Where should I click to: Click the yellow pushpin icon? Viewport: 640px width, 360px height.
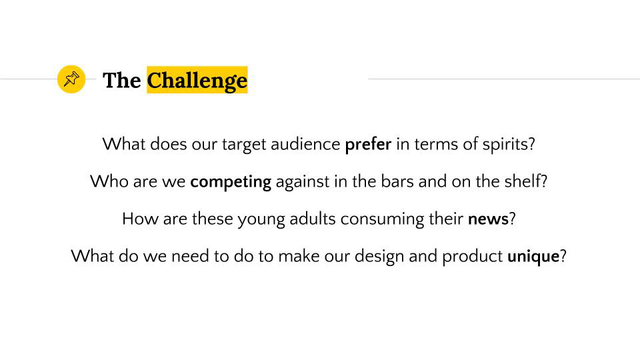[71, 79]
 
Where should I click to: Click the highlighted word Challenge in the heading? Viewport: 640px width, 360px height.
[197, 80]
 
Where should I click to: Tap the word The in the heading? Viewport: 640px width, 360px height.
[121, 80]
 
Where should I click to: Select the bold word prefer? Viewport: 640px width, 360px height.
[368, 144]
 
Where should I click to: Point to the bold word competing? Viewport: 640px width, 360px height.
[231, 181]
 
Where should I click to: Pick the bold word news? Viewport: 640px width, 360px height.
[488, 219]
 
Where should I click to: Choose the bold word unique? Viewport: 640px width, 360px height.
[533, 256]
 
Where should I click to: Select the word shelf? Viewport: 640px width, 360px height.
[523, 181]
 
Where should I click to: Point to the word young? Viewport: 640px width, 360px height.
[261, 219]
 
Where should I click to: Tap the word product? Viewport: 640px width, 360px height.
[472, 257]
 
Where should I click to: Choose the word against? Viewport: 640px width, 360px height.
[303, 182]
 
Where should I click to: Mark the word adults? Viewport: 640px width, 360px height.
[313, 219]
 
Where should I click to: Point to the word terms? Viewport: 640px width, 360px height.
[436, 144]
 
